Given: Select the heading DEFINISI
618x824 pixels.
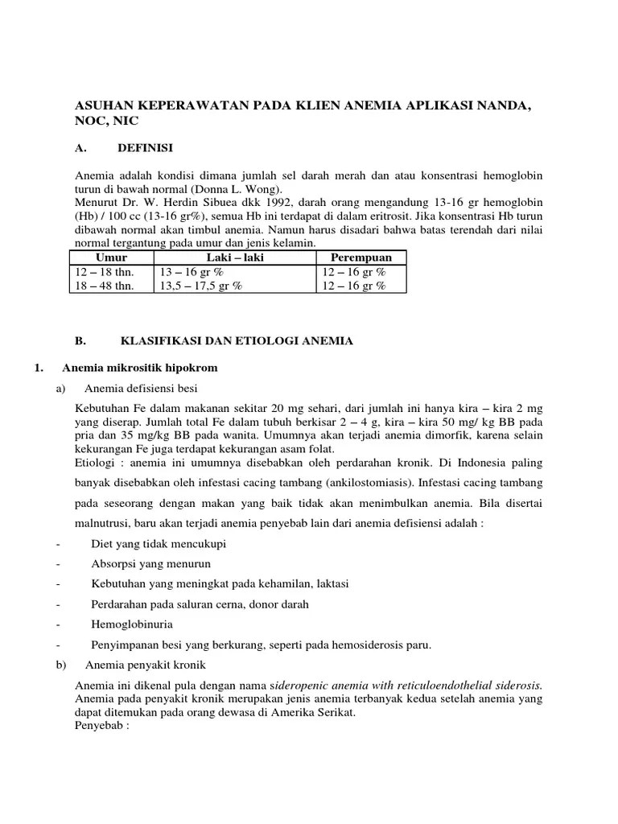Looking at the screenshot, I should (x=145, y=147).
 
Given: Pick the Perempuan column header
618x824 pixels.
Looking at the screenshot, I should (x=363, y=257).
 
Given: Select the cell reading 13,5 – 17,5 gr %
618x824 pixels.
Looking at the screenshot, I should (x=200, y=286).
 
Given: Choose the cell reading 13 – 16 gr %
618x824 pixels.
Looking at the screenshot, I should (x=192, y=272).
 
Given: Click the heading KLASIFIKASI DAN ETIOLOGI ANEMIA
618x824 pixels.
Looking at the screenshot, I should (x=237, y=341).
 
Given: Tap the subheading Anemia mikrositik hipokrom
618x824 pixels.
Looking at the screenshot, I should (x=140, y=369).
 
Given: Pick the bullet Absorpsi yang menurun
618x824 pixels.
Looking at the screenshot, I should (x=146, y=563).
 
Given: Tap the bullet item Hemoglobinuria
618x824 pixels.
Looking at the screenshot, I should (x=132, y=624).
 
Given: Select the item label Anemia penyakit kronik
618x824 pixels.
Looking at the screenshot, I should (x=146, y=665).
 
